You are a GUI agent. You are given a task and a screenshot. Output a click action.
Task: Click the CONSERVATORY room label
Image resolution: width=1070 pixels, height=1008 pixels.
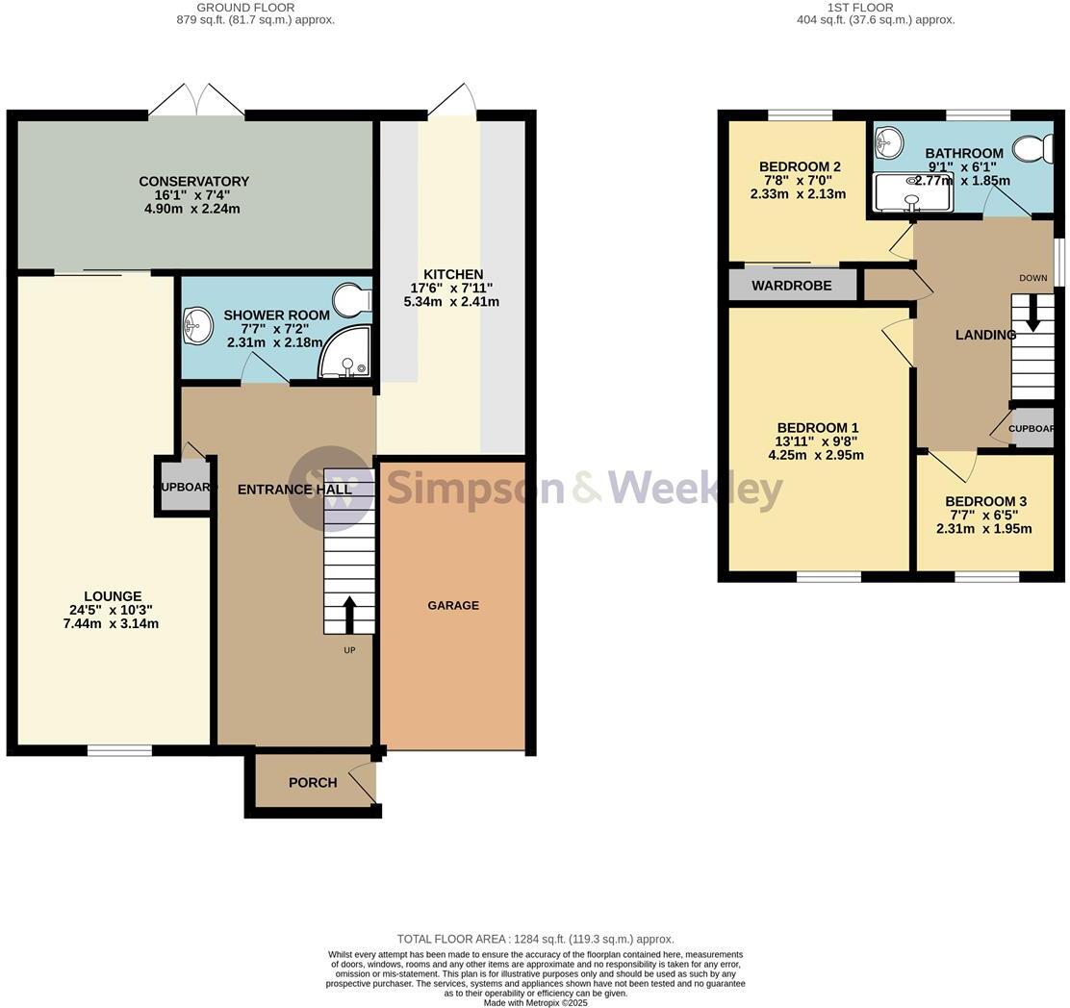pyautogui.click(x=193, y=181)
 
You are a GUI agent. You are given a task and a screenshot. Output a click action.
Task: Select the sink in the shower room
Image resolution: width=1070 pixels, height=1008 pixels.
pyautogui.click(x=198, y=325)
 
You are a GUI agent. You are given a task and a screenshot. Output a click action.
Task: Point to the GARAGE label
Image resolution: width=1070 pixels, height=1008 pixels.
pyautogui.click(x=453, y=605)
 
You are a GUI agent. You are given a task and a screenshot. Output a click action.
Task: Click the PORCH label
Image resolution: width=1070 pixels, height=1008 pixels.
pyautogui.click(x=313, y=783)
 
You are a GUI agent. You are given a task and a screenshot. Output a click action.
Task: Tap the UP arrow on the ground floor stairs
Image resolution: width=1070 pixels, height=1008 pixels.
pyautogui.click(x=348, y=614)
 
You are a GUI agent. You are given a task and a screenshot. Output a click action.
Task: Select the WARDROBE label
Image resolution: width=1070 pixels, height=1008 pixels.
pyautogui.click(x=791, y=286)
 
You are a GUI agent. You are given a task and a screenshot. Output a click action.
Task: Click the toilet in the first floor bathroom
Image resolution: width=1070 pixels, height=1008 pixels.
pyautogui.click(x=1032, y=149)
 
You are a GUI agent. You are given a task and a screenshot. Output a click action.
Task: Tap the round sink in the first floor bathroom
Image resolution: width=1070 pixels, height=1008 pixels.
pyautogui.click(x=888, y=144)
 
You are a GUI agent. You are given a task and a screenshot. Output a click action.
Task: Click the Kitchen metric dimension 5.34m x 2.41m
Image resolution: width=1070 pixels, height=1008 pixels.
pyautogui.click(x=451, y=302)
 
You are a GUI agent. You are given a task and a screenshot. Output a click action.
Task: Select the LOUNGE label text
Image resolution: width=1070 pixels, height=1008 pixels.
pyautogui.click(x=113, y=596)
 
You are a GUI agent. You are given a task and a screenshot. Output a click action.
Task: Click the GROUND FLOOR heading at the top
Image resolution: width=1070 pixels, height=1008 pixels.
pyautogui.click(x=245, y=8)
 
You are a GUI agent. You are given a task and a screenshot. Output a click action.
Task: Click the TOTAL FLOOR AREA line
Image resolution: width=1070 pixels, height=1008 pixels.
pyautogui.click(x=535, y=939)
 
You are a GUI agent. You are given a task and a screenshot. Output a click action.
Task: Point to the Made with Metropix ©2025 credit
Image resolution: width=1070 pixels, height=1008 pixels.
pyautogui.click(x=535, y=1002)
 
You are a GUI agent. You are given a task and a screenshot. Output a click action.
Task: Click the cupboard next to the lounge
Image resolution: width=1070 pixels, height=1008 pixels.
pyautogui.click(x=184, y=487)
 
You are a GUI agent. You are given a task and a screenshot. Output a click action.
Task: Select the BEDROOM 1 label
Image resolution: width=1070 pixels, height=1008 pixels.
pyautogui.click(x=817, y=428)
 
